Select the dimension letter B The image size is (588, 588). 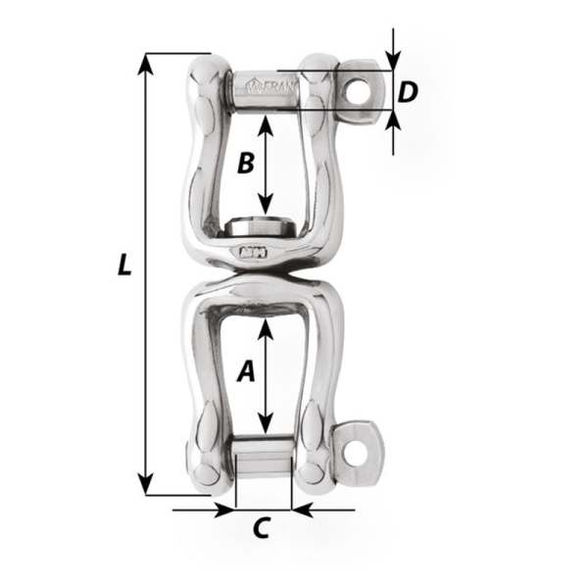tap(246, 163)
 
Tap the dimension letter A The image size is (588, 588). tap(246, 371)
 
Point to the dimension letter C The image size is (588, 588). tap(261, 528)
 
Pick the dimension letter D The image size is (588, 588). tap(409, 92)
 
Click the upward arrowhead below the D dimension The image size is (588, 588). tap(393, 122)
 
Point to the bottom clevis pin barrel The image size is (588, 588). tap(263, 462)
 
